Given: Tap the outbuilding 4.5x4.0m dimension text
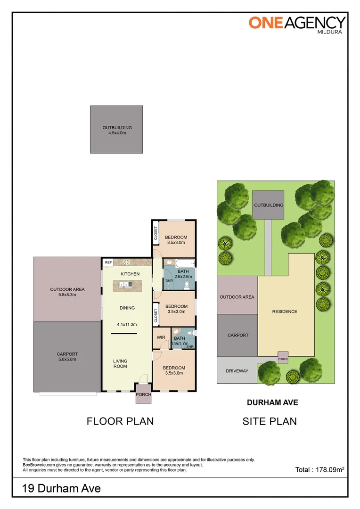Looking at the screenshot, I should click(117, 133).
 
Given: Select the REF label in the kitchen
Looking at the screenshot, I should click(108, 263).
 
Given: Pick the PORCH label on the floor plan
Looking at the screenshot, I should click(143, 394).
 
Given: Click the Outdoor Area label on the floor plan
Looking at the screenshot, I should click(67, 289).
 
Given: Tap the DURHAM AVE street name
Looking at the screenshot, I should click(273, 402).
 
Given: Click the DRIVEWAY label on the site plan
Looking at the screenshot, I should click(237, 371).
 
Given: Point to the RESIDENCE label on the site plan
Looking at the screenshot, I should click(285, 312).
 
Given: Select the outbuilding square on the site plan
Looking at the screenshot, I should click(269, 205).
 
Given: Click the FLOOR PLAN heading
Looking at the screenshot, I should click(120, 421).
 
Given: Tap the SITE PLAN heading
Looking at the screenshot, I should click(270, 421).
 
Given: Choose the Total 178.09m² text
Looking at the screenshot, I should click(319, 469).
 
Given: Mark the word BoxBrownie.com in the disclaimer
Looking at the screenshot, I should click(38, 465).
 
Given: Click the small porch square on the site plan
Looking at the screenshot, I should click(283, 358).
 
